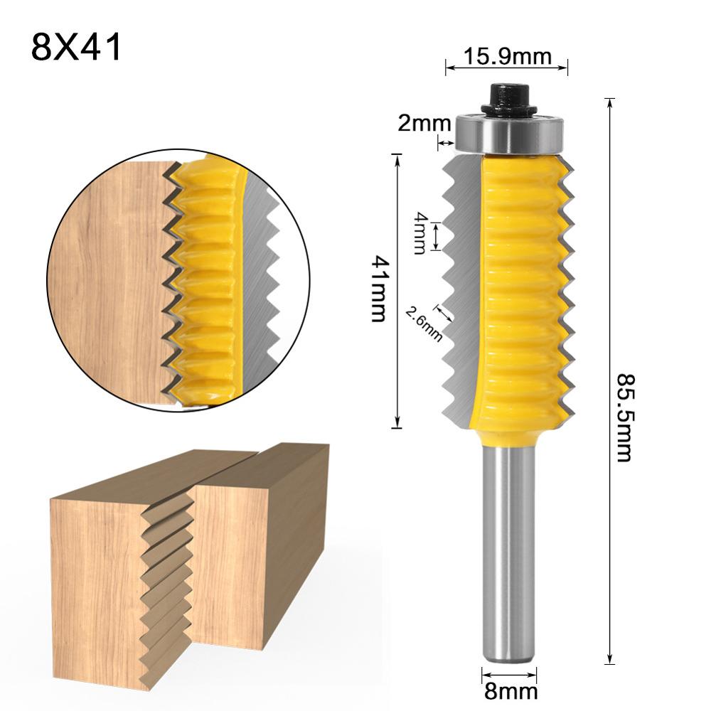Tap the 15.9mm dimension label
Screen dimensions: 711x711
click(x=507, y=55)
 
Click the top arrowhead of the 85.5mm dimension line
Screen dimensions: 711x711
click(x=609, y=102)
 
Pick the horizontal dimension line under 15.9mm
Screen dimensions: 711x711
click(x=507, y=68)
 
